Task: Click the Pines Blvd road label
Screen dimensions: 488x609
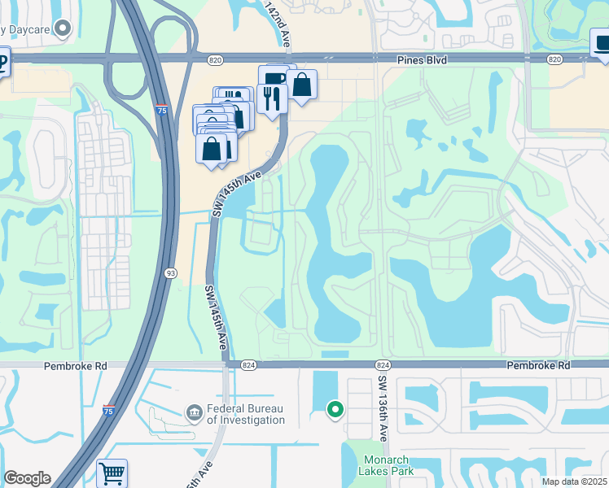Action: pyautogui.click(x=425, y=59)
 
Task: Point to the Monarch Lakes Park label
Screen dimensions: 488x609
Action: pyautogui.click(x=386, y=464)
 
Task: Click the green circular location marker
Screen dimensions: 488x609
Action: pyautogui.click(x=334, y=409)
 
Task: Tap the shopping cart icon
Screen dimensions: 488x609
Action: pyautogui.click(x=112, y=473)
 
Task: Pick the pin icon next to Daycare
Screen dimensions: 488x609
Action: pyautogui.click(x=63, y=28)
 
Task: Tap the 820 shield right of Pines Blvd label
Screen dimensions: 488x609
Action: pyautogui.click(x=554, y=59)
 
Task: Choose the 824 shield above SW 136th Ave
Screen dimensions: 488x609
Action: pyautogui.click(x=381, y=366)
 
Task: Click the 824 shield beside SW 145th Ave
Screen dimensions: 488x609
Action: pyautogui.click(x=249, y=366)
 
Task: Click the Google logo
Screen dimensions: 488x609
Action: pyautogui.click(x=27, y=478)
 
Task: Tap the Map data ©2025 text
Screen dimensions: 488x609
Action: pyautogui.click(x=575, y=481)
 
